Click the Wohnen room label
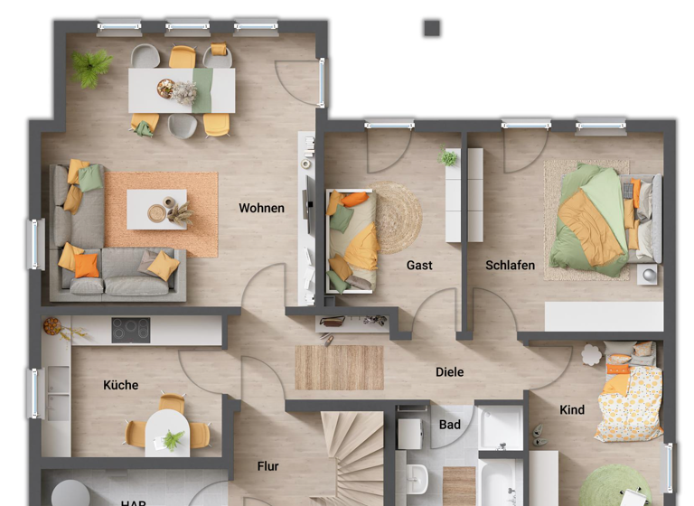[x=261, y=208]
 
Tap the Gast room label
[x=419, y=265]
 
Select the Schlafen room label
[x=510, y=265]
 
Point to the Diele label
[x=449, y=371]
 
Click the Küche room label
[x=120, y=385]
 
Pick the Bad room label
[x=449, y=424]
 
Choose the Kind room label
[x=572, y=409]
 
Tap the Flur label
[x=267, y=466]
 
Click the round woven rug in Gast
[x=396, y=218]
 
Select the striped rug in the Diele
[x=339, y=368]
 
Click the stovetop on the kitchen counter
[x=131, y=330]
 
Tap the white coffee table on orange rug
[x=156, y=209]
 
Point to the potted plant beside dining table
[x=91, y=67]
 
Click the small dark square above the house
[x=432, y=29]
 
